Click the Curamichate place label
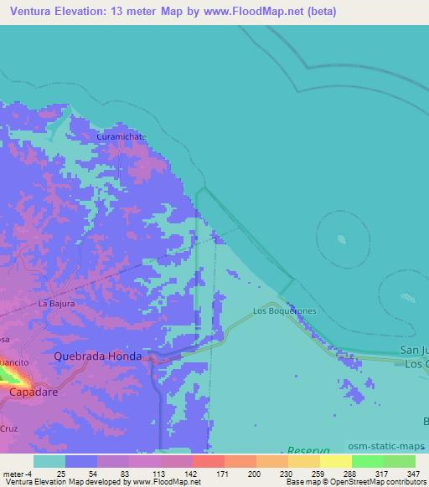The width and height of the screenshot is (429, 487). point(121,136)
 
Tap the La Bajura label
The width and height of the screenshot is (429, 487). point(57,304)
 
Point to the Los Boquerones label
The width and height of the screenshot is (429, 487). point(284,311)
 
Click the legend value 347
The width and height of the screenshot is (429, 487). point(413,474)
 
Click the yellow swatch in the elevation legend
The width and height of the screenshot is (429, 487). point(335,461)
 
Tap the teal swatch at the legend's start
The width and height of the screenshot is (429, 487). point(49,461)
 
